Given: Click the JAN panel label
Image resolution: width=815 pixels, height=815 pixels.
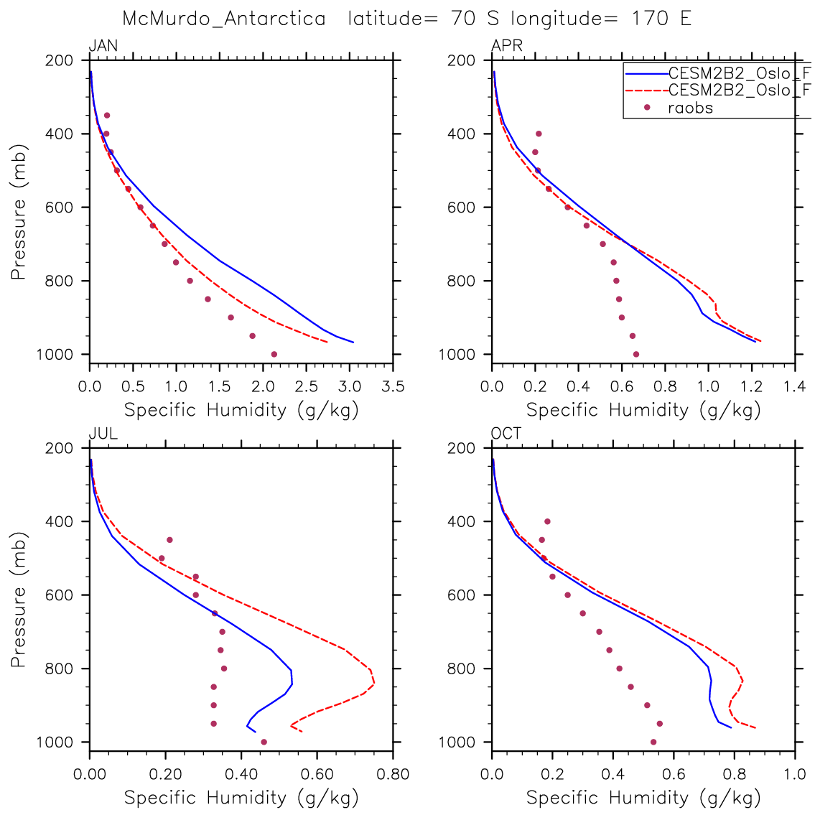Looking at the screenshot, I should (103, 47).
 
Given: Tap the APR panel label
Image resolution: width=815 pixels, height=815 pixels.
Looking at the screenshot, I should (506, 47).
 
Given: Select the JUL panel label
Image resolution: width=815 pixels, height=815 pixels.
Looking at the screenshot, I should (103, 434).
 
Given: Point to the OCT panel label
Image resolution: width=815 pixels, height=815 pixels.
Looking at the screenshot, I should (506, 434).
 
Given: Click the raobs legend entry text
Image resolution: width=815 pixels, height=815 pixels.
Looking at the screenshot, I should (690, 108).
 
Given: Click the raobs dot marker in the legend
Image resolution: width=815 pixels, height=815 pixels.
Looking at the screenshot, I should (646, 108).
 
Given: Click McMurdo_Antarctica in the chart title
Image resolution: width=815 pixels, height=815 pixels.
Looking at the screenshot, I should (224, 19).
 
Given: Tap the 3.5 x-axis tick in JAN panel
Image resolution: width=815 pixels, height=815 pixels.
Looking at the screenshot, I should (392, 388).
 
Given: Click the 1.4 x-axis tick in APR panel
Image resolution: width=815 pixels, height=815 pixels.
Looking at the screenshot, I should (795, 388).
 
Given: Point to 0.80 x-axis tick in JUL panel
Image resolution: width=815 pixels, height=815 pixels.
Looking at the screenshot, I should (392, 776).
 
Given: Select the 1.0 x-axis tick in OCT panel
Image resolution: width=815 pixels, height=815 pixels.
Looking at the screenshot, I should (795, 776).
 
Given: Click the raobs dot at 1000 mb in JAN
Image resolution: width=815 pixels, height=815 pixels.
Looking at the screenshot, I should (274, 354).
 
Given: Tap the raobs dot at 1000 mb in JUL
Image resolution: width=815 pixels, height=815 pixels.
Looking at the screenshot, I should (264, 742).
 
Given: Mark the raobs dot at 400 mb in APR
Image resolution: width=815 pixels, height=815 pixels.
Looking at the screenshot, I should (539, 134).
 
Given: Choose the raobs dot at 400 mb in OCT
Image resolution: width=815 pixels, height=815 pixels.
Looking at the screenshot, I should (547, 521).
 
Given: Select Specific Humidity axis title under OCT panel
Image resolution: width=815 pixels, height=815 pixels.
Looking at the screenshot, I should (643, 798).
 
